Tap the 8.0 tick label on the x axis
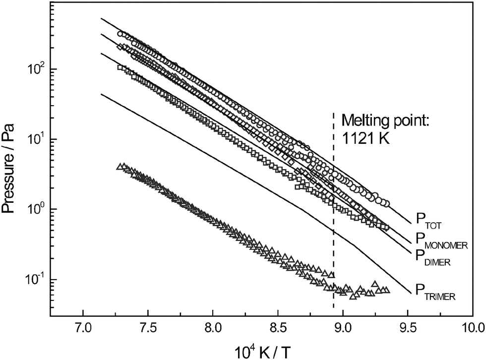tap(213, 328)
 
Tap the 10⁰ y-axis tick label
tap(32, 209)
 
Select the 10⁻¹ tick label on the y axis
tap(31, 279)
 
